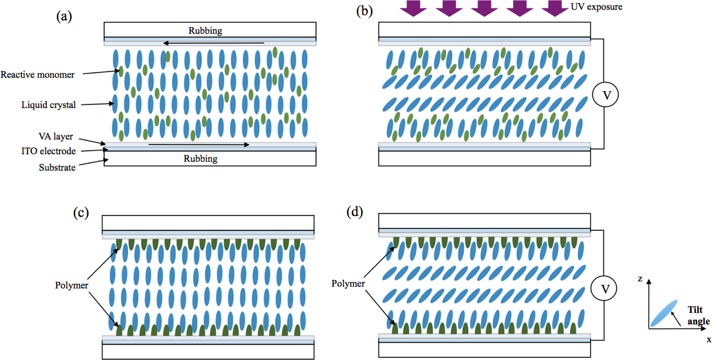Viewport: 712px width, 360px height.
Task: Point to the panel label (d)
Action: [x=354, y=212]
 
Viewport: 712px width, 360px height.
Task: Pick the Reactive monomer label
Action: [x=38, y=75]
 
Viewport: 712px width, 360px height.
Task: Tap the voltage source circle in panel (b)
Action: [x=604, y=94]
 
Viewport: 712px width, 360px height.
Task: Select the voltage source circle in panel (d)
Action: [x=604, y=289]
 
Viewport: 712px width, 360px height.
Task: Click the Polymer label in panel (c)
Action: [x=72, y=285]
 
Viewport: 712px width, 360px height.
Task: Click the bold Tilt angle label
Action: [x=695, y=315]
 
